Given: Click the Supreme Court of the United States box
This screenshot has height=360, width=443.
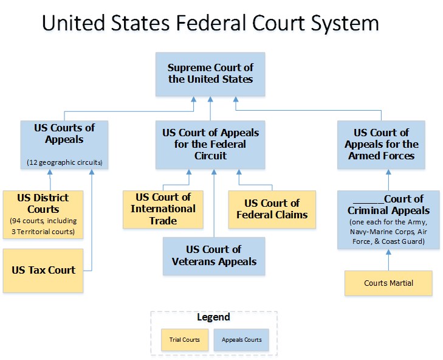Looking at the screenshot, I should pos(210,74).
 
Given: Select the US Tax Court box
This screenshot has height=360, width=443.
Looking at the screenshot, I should pos(43,270).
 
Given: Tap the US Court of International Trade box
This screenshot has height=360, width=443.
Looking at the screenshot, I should pos(163,209).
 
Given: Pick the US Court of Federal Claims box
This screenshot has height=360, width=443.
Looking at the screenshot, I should pos(272,209).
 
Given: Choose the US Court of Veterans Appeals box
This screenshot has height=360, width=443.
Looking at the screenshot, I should pos(213,256).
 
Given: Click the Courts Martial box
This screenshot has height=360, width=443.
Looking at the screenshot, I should pos(388,283).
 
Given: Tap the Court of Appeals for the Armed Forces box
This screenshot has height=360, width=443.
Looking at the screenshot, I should pos(381,144).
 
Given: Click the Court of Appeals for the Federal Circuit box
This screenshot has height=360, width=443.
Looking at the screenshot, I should pos(210,144).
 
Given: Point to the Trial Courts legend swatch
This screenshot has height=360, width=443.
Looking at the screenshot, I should pos(184,339).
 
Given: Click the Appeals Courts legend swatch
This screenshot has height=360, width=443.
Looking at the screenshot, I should pos(242,339).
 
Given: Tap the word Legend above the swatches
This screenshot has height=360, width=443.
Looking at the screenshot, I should pos(213,317).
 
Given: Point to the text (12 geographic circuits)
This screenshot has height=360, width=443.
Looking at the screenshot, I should pos(64,162).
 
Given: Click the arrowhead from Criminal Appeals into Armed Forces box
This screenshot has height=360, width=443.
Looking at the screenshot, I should pos(388,173).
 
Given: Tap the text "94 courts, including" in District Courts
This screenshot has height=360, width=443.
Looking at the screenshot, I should pos(43,221).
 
